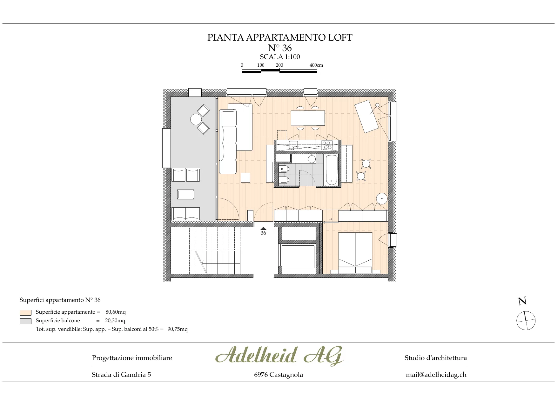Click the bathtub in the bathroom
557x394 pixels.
[x=332, y=170]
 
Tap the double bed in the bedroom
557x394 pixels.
[x=355, y=253]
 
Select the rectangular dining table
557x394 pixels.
[x=308, y=118]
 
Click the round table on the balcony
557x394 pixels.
[x=196, y=119]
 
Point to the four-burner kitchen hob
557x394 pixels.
[x=327, y=145]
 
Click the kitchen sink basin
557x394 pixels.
[x=293, y=145]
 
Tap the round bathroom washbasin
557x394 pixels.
[x=312, y=159]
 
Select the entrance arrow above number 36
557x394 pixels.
[x=263, y=228]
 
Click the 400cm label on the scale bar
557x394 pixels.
[x=316, y=65]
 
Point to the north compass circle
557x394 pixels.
[x=526, y=321]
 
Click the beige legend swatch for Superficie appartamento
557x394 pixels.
[x=25, y=312]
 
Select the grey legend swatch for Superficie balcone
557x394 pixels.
[x=25, y=321]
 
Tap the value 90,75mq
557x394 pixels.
[x=178, y=329]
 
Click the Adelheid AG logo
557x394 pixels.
[x=279, y=356]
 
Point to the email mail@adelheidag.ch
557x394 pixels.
[x=436, y=375]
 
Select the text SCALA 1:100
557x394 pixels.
[x=280, y=57]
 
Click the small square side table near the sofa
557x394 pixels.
[x=245, y=177]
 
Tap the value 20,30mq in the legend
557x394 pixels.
[x=115, y=321]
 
